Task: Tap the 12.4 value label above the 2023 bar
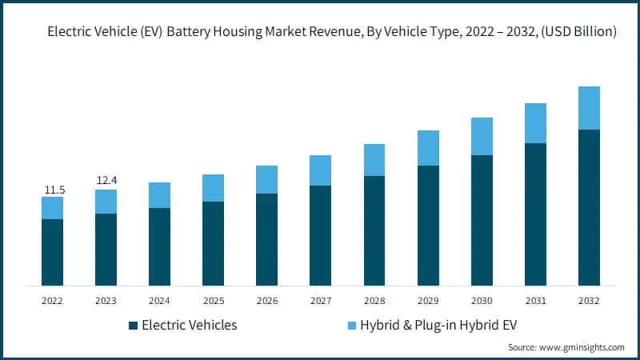tap(106, 182)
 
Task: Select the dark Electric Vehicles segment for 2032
tap(589, 207)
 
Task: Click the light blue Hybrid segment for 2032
tap(589, 108)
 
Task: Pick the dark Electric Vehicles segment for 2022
tap(52, 252)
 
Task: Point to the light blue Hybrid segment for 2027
tap(320, 170)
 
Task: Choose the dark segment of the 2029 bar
tap(428, 226)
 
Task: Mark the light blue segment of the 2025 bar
tap(213, 188)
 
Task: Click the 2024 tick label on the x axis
tap(159, 301)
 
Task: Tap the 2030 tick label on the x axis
tap(482, 301)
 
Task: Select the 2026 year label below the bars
tap(266, 301)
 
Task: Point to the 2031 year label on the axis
tap(535, 301)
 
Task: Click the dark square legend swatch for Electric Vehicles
tap(133, 326)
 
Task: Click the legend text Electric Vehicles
tap(189, 326)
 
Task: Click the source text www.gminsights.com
tap(584, 347)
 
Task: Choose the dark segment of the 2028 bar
tap(374, 230)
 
